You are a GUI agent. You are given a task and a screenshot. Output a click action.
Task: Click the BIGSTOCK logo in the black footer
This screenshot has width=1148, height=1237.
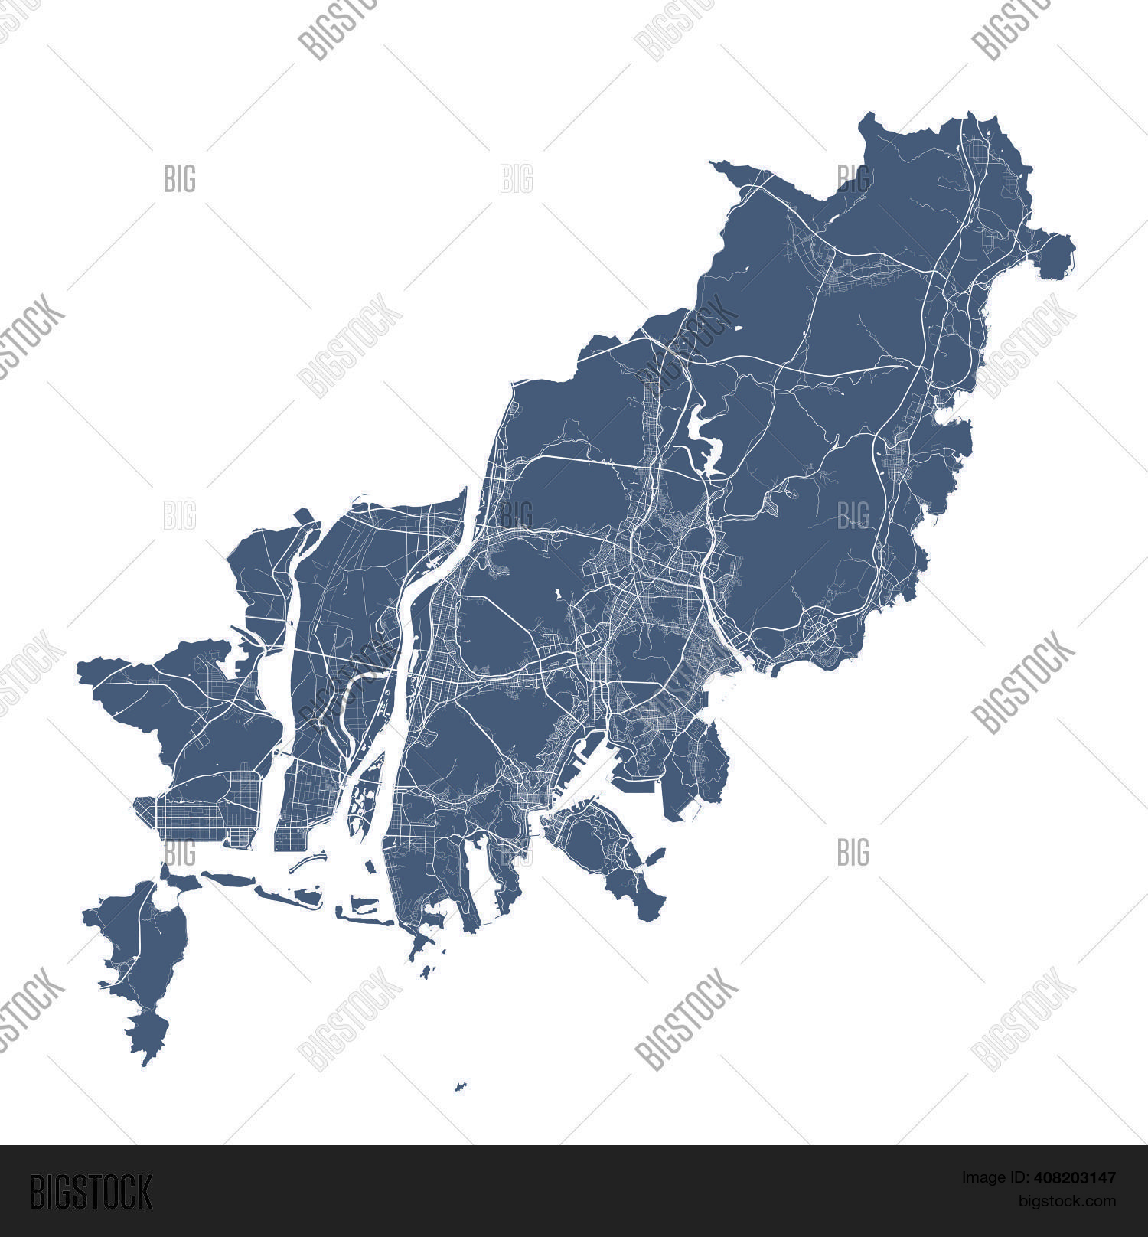point(90,1191)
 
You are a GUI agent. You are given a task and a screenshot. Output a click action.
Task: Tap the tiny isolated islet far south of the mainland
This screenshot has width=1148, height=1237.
point(461,1086)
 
